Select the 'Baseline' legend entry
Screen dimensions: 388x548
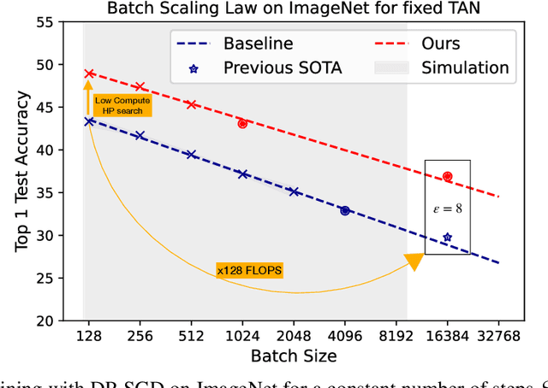258,43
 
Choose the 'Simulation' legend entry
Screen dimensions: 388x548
465,68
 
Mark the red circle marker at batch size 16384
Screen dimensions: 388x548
447,177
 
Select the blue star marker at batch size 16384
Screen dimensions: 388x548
447,238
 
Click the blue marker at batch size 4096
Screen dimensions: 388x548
345,210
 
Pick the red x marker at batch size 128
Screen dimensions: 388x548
89,73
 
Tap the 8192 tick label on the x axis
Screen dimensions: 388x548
396,336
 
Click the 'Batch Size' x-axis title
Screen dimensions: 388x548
294,355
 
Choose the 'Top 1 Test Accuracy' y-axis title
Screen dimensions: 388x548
24,171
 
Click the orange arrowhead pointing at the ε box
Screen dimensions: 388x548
414,262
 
